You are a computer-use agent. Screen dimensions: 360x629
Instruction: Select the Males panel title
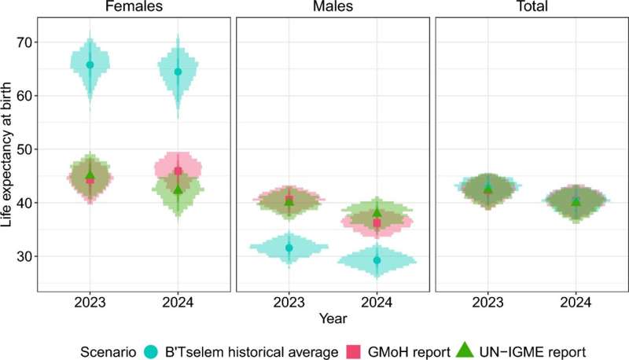333,7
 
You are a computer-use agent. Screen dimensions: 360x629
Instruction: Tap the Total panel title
532,7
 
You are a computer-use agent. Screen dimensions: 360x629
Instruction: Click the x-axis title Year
333,318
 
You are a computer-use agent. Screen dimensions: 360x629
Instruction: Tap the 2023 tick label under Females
90,303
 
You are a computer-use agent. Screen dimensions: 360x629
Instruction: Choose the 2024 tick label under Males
377,303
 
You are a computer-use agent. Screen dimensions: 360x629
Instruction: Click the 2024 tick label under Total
576,303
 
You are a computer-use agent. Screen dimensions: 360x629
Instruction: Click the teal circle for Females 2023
90,65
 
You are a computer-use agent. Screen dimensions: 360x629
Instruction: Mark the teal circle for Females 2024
178,72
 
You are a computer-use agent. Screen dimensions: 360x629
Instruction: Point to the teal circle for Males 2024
377,260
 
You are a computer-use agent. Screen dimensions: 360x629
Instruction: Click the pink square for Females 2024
178,171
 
